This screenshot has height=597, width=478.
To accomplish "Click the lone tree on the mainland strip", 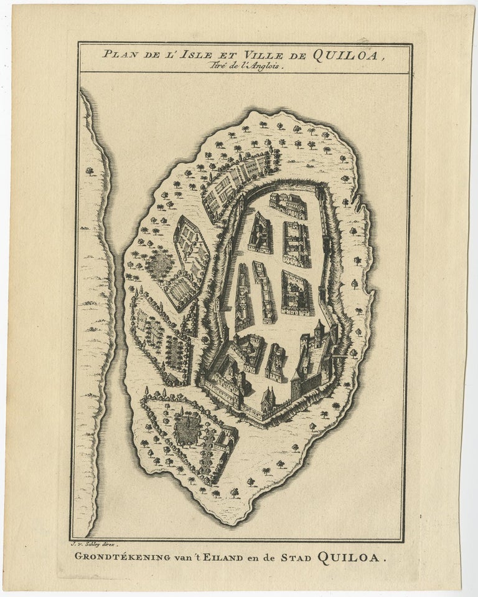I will click(x=91, y=170).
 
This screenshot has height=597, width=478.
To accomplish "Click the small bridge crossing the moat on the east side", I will click(x=339, y=355).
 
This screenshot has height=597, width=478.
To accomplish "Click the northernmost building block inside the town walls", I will click(x=288, y=204).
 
